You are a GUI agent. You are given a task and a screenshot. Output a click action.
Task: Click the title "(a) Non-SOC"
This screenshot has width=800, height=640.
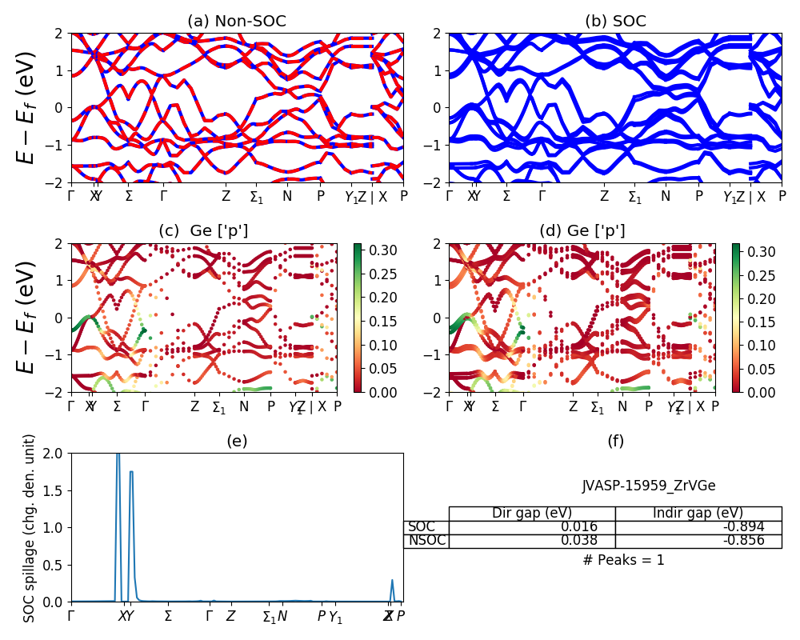click(237, 22)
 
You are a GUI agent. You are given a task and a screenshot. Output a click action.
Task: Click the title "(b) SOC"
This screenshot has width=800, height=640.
click(615, 22)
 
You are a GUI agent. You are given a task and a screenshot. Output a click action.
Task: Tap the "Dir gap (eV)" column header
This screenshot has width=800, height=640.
click(531, 514)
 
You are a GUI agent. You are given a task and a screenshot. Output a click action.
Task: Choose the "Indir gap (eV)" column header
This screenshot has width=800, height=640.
click(698, 514)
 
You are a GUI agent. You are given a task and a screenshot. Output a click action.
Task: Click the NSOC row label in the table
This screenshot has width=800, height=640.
click(426, 541)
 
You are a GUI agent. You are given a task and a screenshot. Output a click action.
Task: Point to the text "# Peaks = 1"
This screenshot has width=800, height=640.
click(623, 560)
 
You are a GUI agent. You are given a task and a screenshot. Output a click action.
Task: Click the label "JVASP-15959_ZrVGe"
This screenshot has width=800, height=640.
click(648, 486)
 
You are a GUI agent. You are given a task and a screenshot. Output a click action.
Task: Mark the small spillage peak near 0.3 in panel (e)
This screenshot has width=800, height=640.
click(392, 581)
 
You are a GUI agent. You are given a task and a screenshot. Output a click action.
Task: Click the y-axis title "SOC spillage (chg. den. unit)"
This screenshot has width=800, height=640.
click(30, 528)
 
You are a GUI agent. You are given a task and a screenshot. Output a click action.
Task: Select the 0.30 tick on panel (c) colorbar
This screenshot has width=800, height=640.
click(376, 251)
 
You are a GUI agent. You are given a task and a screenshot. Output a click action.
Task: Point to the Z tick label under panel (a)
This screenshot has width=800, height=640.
click(226, 196)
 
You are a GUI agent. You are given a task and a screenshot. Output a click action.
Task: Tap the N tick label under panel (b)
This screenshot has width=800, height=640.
click(665, 196)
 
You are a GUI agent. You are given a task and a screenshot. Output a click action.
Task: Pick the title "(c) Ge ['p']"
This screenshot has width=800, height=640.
click(203, 231)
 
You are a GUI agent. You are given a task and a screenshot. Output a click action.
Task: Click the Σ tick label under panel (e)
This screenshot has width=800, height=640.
click(168, 617)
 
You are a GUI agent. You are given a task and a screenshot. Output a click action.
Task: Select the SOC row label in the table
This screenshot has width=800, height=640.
click(422, 527)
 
